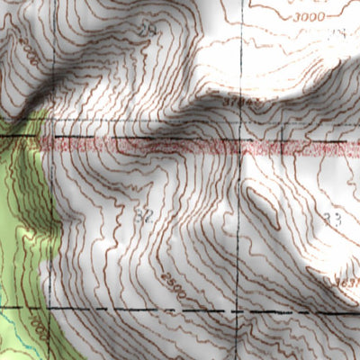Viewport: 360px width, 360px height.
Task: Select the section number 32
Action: [143, 216]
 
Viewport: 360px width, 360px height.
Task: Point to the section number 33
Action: [333, 219]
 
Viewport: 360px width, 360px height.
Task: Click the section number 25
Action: [148, 31]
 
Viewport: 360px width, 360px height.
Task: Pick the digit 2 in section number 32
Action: [148, 216]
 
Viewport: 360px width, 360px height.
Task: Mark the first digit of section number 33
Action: [328, 219]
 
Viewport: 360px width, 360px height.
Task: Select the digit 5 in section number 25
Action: [153, 31]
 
